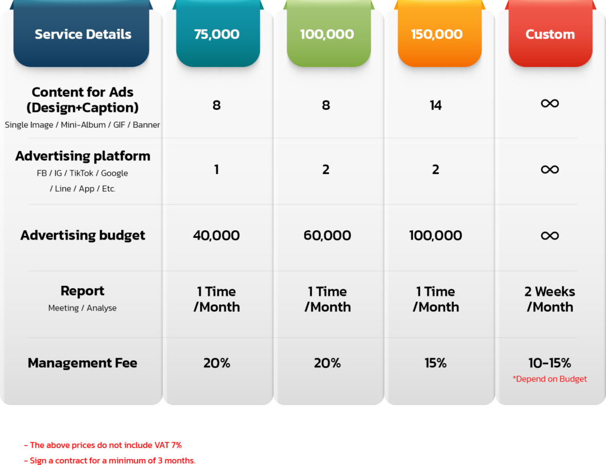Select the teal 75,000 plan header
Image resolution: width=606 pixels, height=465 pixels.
217,34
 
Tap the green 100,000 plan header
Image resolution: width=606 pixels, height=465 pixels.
327,34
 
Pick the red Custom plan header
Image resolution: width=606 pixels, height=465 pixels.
550,34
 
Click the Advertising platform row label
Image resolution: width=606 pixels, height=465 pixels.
82,156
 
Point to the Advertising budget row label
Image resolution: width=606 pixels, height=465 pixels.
82,235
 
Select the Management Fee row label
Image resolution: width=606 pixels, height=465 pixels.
82,363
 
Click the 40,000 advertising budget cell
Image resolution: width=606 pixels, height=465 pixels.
217,235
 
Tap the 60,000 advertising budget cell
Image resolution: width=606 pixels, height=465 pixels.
327,235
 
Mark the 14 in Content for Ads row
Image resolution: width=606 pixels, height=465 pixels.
436,105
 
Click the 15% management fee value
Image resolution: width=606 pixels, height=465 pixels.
436,363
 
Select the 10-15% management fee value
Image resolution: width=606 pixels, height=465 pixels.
550,363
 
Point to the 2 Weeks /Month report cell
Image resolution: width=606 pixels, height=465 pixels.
550,299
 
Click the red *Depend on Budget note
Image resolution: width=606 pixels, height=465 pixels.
550,379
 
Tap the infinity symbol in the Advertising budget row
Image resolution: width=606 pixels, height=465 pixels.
550,235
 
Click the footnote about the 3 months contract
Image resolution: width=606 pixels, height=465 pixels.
110,460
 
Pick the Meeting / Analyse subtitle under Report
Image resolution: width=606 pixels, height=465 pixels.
82,308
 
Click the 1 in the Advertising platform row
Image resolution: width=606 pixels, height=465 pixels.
217,170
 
